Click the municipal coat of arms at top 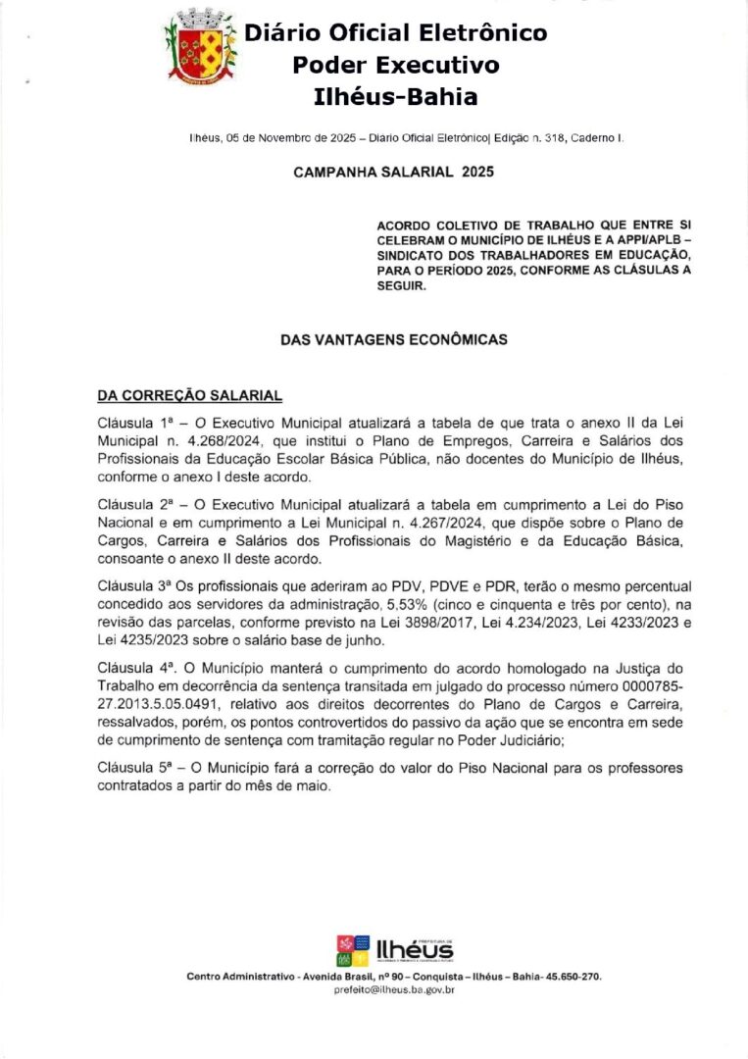click(202, 46)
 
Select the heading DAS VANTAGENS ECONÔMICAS click(394, 339)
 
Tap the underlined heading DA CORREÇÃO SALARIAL click(189, 395)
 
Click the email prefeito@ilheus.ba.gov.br click(394, 990)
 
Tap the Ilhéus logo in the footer click(394, 950)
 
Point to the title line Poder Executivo click(395, 66)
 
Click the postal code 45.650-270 click(569, 977)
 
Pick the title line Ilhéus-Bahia click(395, 97)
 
